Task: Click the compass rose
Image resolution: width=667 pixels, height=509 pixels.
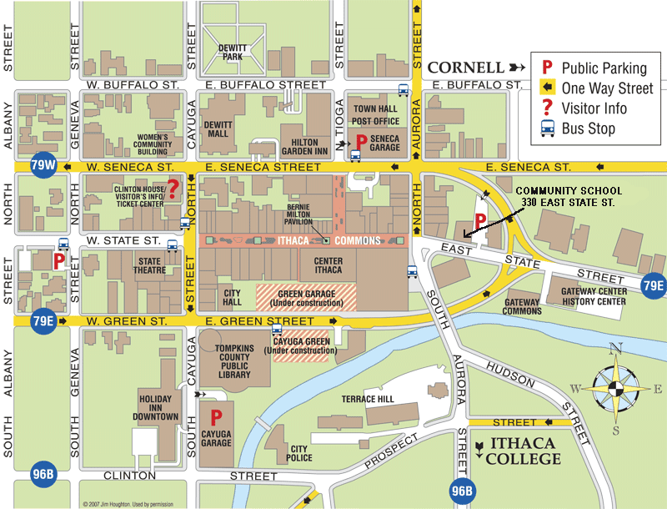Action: click(615, 387)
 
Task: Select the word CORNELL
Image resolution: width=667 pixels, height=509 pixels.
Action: click(465, 68)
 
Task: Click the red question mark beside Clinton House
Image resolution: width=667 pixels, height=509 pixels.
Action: click(173, 189)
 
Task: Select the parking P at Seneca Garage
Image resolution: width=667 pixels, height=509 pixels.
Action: click(361, 143)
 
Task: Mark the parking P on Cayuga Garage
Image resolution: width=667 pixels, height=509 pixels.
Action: click(216, 416)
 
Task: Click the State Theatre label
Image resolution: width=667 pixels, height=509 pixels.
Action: click(150, 266)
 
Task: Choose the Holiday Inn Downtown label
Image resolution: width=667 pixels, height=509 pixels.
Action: click(158, 407)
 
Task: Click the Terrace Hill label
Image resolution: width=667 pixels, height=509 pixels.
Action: click(367, 400)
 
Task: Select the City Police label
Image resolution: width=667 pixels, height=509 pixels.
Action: click(300, 453)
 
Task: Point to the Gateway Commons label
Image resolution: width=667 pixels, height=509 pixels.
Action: click(521, 307)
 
